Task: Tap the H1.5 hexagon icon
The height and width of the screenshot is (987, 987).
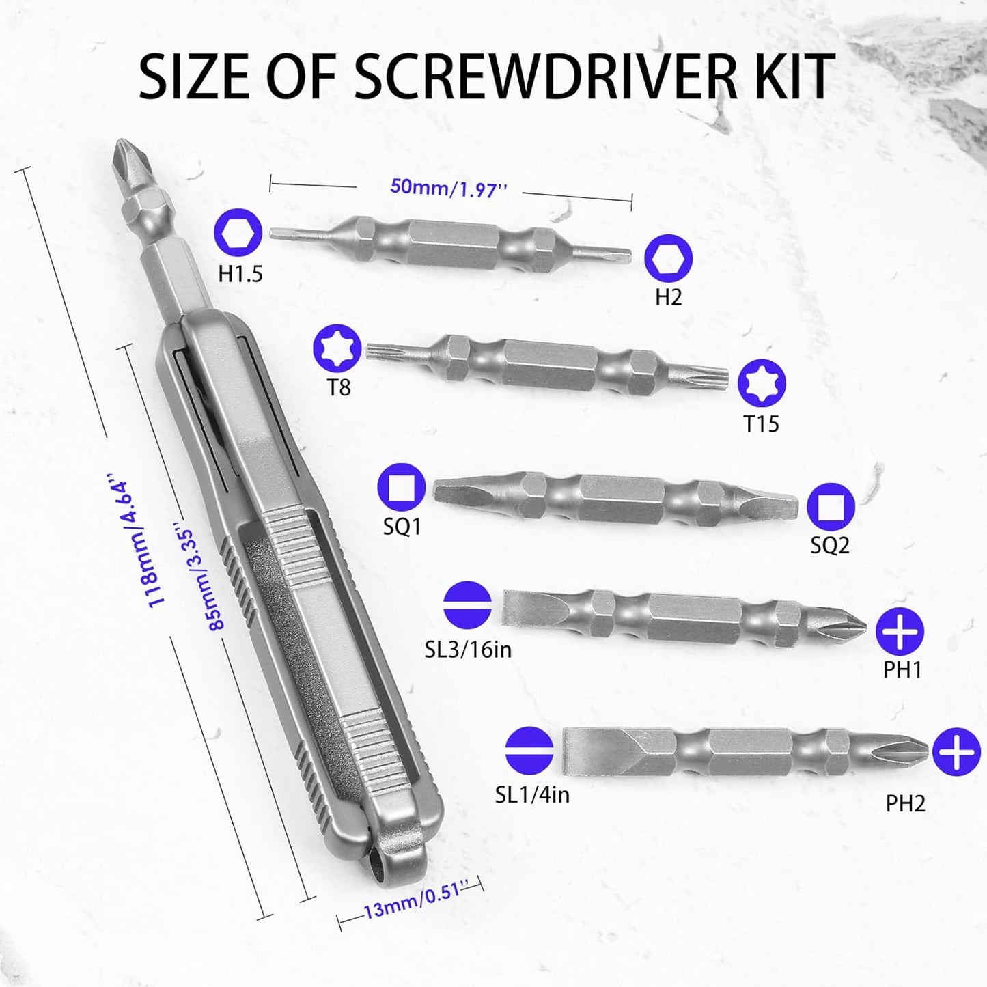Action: pos(238,232)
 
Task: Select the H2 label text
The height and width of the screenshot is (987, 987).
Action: pos(669,297)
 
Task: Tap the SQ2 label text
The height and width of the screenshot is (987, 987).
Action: pos(829,546)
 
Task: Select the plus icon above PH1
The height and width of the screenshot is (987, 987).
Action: pos(900,632)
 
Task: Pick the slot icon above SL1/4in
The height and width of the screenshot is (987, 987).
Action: pos(529,751)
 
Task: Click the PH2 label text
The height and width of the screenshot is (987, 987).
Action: pos(906,804)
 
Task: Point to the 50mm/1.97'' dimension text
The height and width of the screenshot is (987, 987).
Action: pos(449,188)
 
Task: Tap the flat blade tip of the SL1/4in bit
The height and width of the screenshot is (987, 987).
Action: pos(566,753)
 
